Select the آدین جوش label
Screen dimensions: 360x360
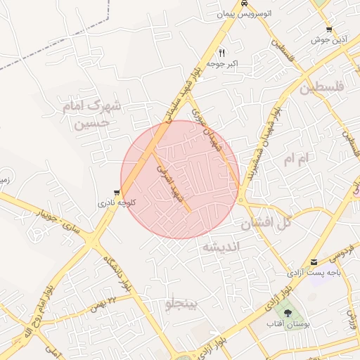coord(326,40)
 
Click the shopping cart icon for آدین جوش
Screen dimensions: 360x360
coord(329,30)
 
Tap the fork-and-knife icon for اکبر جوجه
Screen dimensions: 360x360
coord(222,53)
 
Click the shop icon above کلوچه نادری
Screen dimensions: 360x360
coord(116,191)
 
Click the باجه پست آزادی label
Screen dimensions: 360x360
coord(309,271)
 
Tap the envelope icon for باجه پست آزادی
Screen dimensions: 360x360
coord(314,262)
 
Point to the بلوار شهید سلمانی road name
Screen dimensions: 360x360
coord(184,88)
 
